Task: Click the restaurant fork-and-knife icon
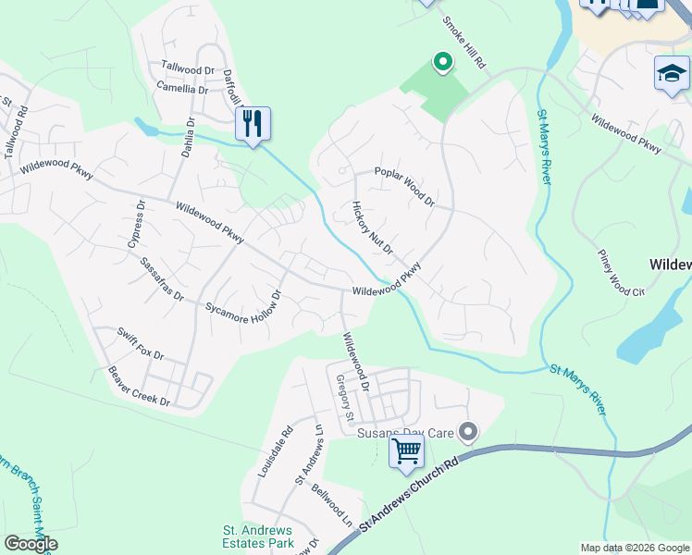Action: point(253,123)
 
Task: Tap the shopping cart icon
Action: point(406,452)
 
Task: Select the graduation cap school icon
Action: point(672,74)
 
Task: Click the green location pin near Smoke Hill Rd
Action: point(443,63)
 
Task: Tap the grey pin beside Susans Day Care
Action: point(469,432)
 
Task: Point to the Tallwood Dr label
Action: point(188,68)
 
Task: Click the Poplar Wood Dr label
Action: point(404,185)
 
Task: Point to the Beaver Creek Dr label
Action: point(139,388)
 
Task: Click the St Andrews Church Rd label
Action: point(409,492)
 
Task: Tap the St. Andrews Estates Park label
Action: point(258,536)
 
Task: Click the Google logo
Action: point(31,544)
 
